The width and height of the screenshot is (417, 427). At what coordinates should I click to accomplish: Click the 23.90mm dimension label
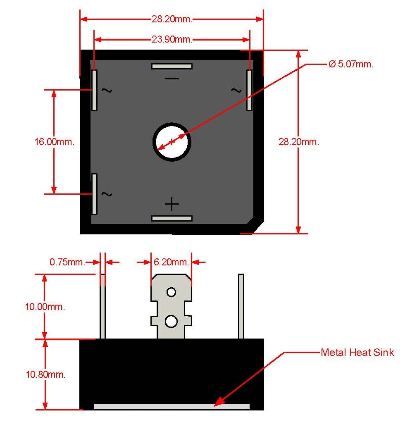click(x=172, y=40)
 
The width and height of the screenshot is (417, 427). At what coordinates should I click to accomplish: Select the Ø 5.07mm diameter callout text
click(x=351, y=64)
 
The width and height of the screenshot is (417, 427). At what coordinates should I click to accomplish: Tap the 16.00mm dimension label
click(x=54, y=142)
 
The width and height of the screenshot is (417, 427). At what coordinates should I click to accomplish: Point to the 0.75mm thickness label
click(x=67, y=262)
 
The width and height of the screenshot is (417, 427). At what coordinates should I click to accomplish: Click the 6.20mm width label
click(x=171, y=262)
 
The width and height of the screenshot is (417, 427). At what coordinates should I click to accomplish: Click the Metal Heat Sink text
click(x=357, y=353)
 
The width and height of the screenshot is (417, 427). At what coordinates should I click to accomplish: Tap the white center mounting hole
click(x=172, y=142)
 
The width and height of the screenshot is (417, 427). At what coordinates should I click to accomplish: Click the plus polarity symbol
click(x=172, y=204)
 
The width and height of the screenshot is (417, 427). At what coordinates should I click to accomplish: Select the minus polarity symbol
click(x=172, y=79)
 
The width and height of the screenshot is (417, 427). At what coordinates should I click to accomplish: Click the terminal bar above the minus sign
click(x=172, y=66)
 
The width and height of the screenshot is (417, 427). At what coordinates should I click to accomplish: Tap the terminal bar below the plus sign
click(x=172, y=218)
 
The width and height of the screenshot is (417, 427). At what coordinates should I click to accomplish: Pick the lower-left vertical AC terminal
click(x=94, y=194)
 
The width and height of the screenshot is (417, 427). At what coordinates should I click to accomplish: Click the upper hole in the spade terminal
click(x=171, y=292)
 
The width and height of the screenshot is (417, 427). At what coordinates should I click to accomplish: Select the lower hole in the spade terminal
click(x=171, y=321)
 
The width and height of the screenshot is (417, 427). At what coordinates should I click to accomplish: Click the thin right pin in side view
click(x=241, y=306)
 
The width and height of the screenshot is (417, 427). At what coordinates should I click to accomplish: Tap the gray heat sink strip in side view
click(x=172, y=407)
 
